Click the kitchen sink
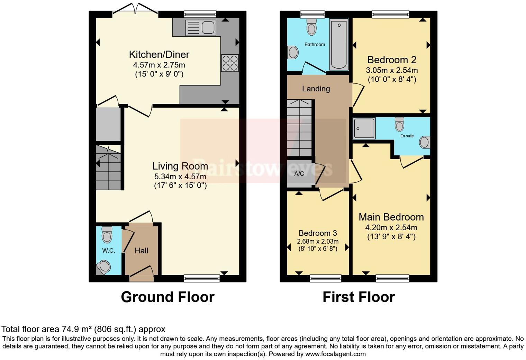[x=200, y=27]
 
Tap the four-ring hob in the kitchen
[x=230, y=63]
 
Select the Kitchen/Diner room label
[x=159, y=54]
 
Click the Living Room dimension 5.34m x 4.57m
[x=180, y=177]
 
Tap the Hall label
[x=141, y=251]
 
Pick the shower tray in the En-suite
[x=364, y=128]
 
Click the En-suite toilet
[x=399, y=124]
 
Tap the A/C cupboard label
[x=299, y=174]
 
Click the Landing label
[x=316, y=89]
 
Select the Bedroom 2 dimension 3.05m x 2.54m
[x=392, y=70]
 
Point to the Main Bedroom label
[x=391, y=217]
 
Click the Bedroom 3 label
[x=318, y=233]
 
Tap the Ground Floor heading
[x=167, y=297]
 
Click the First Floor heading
[x=359, y=297]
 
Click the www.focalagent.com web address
[x=335, y=354]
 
